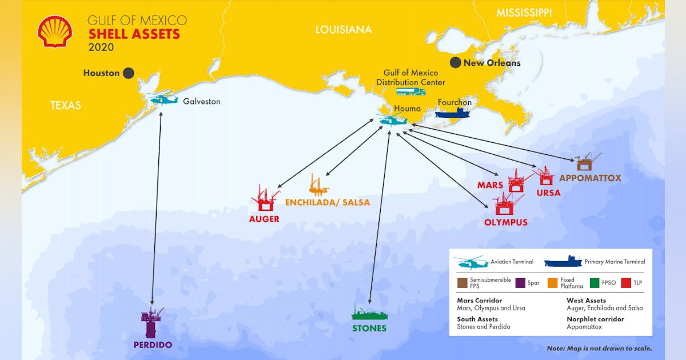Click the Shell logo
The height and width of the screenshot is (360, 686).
point(55,31)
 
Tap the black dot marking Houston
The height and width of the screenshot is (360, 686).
point(129,73)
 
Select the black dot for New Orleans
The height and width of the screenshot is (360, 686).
point(456,62)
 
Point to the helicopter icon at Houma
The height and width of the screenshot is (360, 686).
point(392,120)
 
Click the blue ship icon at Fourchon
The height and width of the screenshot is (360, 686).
point(452,113)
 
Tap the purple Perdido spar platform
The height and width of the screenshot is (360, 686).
point(152,322)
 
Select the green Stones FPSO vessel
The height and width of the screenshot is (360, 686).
point(369,314)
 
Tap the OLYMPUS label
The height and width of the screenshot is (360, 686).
point(506,222)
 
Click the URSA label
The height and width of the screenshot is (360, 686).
point(548,193)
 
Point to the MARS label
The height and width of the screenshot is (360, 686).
point(490,185)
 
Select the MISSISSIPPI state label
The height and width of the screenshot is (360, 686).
point(524,13)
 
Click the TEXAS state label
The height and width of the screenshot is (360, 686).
point(66,105)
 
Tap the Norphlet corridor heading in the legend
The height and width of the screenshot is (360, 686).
point(596,319)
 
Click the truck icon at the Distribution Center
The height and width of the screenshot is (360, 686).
point(411,91)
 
